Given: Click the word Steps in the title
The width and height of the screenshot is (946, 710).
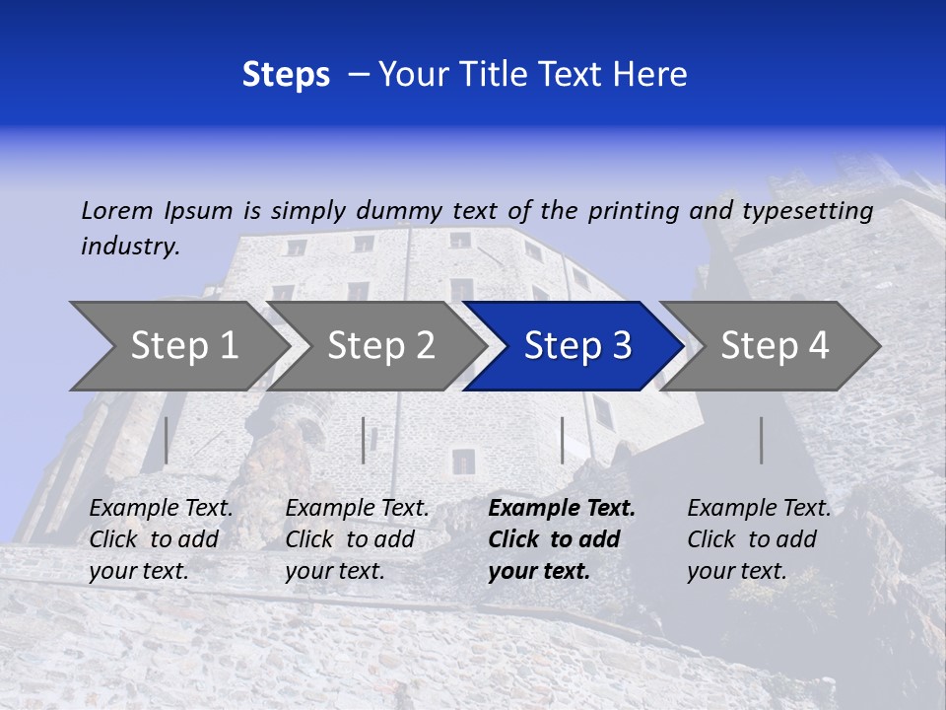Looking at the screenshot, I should (x=286, y=75).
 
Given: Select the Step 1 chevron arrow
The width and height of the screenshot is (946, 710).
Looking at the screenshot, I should (x=177, y=345).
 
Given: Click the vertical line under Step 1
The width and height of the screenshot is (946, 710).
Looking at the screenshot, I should (x=167, y=440).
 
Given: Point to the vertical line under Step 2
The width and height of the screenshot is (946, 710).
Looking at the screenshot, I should (x=364, y=440).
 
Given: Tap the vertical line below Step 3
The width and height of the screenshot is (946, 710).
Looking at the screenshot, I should (x=562, y=440).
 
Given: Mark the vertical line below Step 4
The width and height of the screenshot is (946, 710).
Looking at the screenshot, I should (x=761, y=440).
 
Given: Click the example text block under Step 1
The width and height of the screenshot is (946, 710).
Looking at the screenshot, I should (x=161, y=539).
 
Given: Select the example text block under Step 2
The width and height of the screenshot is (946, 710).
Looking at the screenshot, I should (x=357, y=539).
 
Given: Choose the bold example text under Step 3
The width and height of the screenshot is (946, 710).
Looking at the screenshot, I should (x=561, y=539).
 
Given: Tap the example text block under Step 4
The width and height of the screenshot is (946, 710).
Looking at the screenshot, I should (x=759, y=539).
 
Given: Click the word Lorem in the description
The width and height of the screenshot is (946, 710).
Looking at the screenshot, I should (x=117, y=210).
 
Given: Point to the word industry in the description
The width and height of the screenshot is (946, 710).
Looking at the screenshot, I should (x=130, y=246).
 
